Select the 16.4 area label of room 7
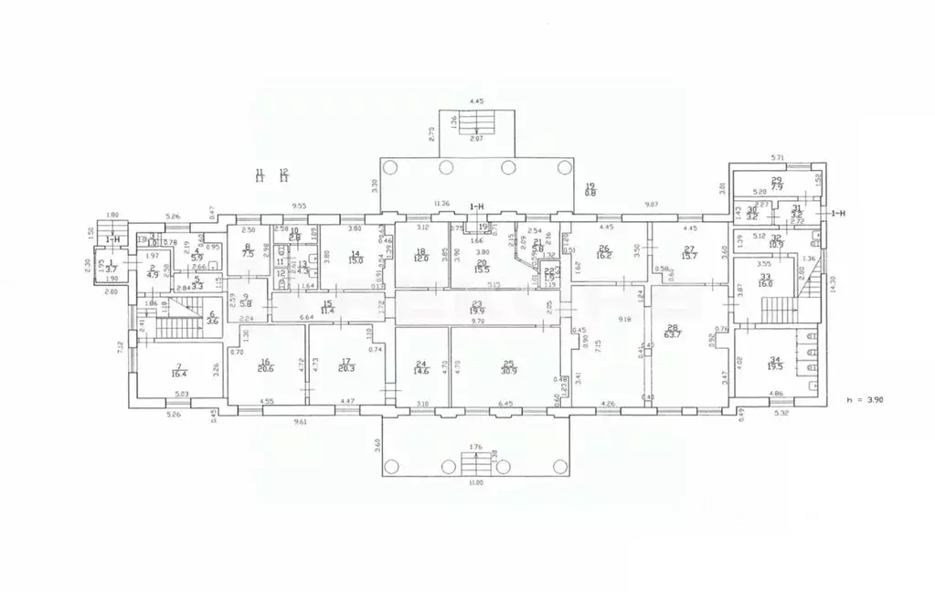click(180, 373)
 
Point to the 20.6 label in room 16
click(266, 369)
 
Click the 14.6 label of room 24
click(421, 372)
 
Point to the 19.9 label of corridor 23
click(477, 312)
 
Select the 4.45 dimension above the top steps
click(475, 101)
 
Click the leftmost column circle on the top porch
click(390, 167)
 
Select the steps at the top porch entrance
click(475, 122)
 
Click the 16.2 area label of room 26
click(603, 253)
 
